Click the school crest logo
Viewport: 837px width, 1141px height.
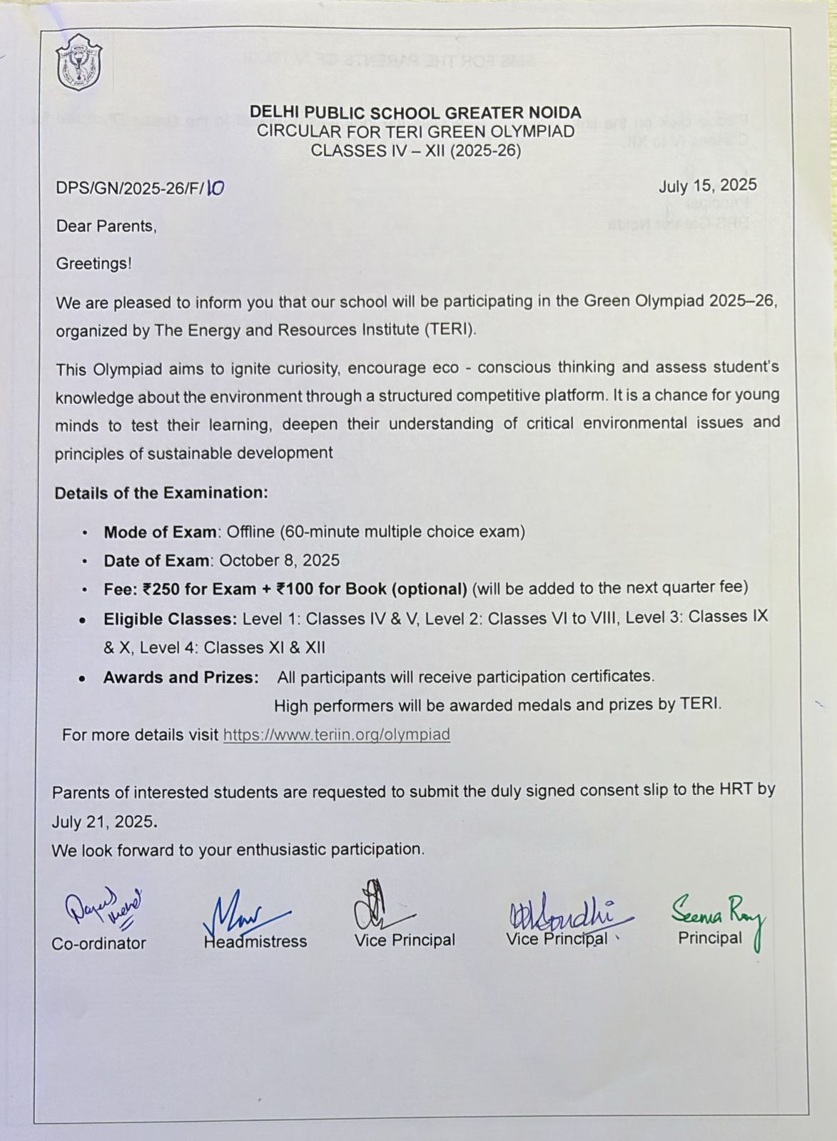78,63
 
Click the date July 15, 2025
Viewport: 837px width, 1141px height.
707,186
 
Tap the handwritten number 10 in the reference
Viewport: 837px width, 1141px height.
215,188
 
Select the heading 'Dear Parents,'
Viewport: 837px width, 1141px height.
106,226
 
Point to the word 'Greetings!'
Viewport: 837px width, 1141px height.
93,263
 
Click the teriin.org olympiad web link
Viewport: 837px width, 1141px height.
336,734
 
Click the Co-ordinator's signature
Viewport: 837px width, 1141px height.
103,907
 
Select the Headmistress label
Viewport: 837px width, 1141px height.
255,941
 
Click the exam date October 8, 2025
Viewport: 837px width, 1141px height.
279,560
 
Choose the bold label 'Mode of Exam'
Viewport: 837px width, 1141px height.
160,532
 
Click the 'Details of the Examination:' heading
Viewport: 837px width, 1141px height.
161,493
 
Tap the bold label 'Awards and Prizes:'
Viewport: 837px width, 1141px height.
181,677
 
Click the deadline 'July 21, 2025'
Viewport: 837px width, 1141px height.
103,821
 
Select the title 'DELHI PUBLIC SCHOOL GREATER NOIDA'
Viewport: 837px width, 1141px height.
415,113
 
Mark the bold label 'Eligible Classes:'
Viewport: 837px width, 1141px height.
170,619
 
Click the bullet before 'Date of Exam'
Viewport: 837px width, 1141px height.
86,562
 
